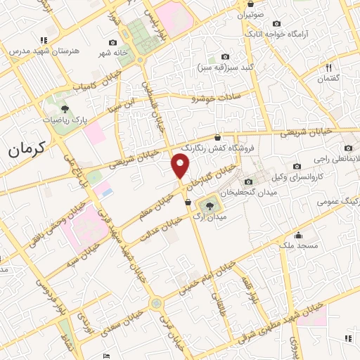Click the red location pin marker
point(181,166)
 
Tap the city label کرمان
point(27,148)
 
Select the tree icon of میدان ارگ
point(209,205)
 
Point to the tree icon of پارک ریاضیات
point(65,109)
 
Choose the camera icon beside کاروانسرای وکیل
point(297,166)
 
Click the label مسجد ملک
point(299,245)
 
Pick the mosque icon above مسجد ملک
point(299,235)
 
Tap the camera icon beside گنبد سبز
point(225,56)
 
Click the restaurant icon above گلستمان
point(328,67)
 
